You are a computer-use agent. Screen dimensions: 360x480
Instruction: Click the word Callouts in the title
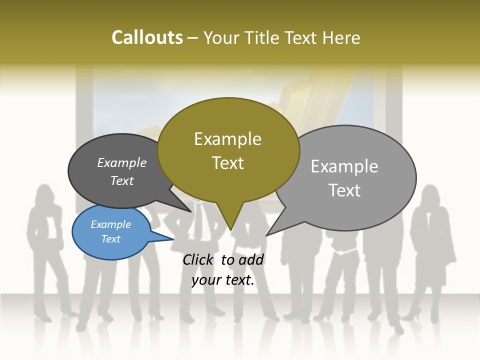tap(147, 37)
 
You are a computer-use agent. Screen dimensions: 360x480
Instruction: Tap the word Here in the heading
tap(341, 38)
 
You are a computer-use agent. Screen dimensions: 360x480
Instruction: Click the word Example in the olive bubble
tap(227, 139)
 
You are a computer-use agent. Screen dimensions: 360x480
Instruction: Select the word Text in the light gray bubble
tap(344, 190)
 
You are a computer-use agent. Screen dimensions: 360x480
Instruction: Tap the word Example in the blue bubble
tap(110, 224)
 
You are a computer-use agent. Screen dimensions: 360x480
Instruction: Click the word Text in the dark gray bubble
tap(121, 181)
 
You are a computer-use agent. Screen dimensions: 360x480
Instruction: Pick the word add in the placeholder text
tap(251, 259)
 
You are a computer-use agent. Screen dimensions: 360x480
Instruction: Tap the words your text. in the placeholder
tap(223, 280)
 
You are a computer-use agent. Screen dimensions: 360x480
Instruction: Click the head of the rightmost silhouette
tap(430, 195)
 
